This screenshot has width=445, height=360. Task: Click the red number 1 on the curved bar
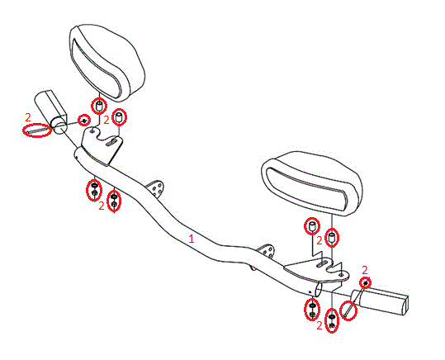[192, 239]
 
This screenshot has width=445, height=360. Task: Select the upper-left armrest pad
[107, 63]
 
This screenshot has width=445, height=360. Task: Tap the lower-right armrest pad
[311, 182]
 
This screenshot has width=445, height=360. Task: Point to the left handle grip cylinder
[51, 111]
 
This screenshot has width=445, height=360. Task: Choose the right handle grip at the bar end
[381, 301]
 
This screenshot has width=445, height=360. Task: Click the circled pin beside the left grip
[37, 130]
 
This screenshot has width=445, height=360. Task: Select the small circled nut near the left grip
[84, 121]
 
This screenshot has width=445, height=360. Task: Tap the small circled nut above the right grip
[366, 283]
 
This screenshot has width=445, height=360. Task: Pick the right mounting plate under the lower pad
[315, 270]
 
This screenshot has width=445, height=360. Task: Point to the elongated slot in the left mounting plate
[112, 142]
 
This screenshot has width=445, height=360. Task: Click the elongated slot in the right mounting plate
[322, 263]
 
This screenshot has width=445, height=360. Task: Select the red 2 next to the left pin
[28, 117]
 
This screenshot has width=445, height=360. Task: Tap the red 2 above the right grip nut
[365, 270]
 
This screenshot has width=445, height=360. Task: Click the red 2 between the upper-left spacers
[107, 121]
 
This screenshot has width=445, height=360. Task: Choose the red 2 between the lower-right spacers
[320, 241]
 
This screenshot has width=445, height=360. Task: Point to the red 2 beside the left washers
[102, 206]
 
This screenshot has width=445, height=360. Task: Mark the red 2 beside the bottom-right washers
[320, 325]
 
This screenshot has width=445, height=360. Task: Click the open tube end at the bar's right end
[319, 290]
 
